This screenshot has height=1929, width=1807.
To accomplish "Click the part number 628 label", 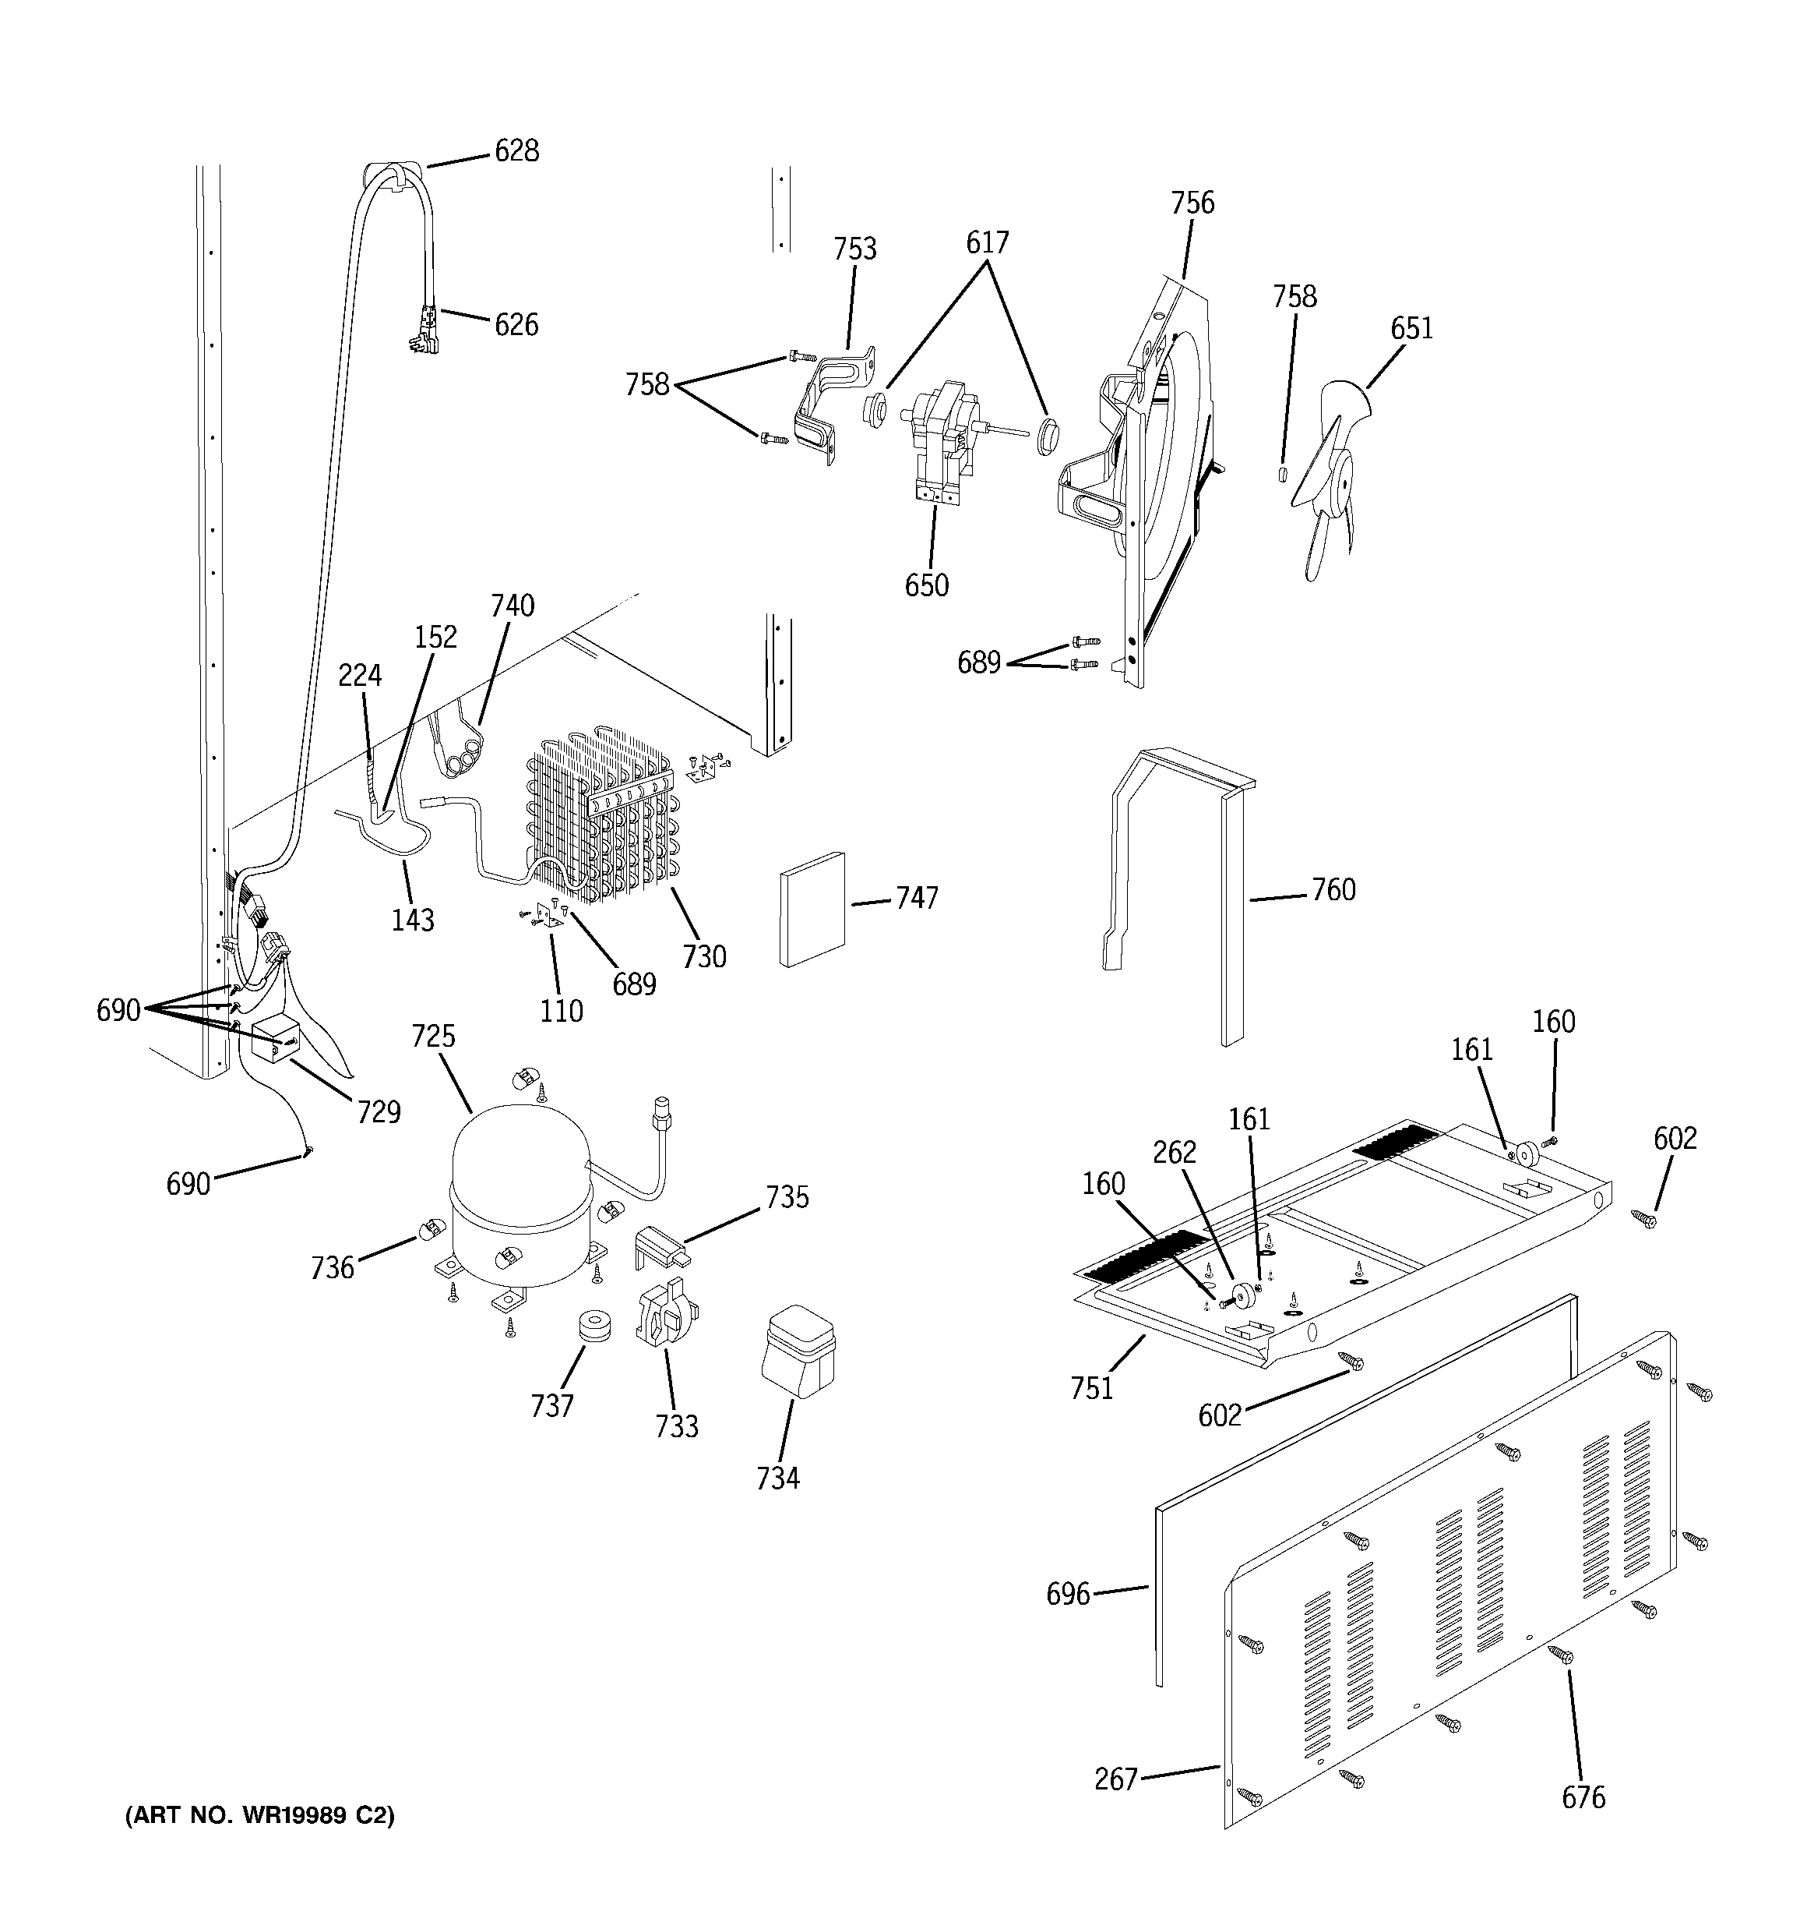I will click(516, 151).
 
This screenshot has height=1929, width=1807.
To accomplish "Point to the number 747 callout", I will click(916, 899).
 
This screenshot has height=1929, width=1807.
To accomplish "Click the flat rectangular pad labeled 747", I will click(812, 910).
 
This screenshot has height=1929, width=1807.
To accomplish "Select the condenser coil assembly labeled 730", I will click(601, 815).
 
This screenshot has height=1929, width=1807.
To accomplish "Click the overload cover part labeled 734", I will click(798, 1350).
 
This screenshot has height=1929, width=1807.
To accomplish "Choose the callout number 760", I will click(1333, 890).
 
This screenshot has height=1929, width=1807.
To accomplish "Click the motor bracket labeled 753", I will click(830, 408).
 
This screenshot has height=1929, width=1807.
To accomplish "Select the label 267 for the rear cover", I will click(1115, 1779).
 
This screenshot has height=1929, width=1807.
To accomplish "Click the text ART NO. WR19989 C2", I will click(260, 1815).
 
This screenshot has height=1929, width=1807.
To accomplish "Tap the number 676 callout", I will click(1583, 1798).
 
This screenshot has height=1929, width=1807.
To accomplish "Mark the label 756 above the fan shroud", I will click(1192, 203).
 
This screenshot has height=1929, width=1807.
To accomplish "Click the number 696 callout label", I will click(1068, 1594).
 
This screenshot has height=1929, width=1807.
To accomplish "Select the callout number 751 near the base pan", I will click(1091, 1390).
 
